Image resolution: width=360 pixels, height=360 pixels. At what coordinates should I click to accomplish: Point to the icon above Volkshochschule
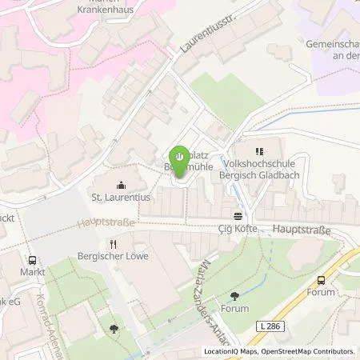pyautogui.click(x=258, y=150)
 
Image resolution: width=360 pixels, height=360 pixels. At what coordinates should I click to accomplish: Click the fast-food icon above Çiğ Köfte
pyautogui.click(x=238, y=215)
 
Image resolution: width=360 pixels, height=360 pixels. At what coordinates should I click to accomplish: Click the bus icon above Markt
pyautogui.click(x=32, y=260)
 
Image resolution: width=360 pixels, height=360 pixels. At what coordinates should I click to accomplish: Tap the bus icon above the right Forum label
pyautogui.click(x=322, y=280)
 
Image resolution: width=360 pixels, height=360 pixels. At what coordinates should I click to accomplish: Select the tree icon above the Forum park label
pyautogui.click(x=234, y=296)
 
